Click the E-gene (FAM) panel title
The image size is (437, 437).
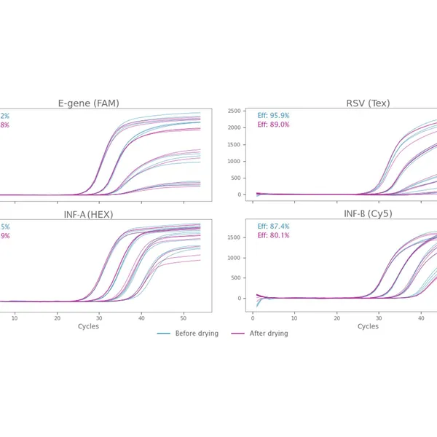pyautogui.click(x=89, y=103)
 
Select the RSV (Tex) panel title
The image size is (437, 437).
pyautogui.click(x=368, y=103)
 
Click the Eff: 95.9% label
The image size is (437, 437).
pyautogui.click(x=273, y=116)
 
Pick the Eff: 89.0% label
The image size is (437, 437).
pyautogui.click(x=273, y=125)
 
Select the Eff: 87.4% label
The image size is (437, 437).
pyautogui.click(x=273, y=227)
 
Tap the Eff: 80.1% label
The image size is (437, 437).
pyautogui.click(x=273, y=235)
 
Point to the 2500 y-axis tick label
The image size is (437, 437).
pyautogui.click(x=235, y=111)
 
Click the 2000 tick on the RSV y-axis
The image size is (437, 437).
pyautogui.click(x=235, y=127)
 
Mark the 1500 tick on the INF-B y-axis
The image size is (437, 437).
pyautogui.click(x=235, y=237)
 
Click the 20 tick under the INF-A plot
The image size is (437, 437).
pyautogui.click(x=58, y=318)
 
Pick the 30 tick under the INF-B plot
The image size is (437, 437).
pyautogui.click(x=379, y=318)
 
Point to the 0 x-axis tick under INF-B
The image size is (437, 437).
pyautogui.click(x=253, y=318)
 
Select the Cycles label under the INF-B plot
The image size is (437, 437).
pyautogui.click(x=369, y=326)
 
